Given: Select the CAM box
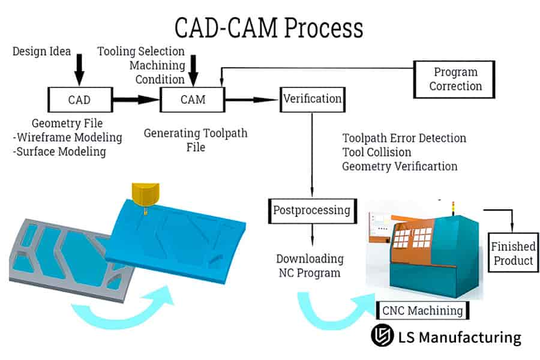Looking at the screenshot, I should click(192, 99).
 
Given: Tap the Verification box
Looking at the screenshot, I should click(312, 98).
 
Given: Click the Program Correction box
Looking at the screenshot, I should click(455, 79).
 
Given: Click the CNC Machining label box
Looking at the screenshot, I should click(422, 310).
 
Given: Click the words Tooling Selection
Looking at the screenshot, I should click(140, 52).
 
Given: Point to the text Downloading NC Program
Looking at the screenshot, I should click(310, 266).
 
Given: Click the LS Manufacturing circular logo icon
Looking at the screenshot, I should click(381, 337).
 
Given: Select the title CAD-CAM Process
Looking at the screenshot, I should click(269, 28).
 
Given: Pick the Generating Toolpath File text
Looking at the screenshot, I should click(195, 139).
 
